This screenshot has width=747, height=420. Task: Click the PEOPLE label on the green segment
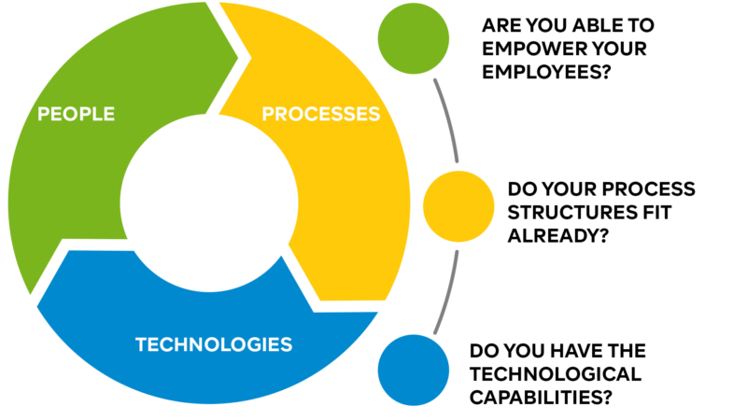[77, 114]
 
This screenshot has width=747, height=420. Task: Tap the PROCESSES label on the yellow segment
[321, 114]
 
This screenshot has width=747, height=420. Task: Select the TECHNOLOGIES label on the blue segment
[214, 344]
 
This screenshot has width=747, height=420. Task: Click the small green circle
[414, 38]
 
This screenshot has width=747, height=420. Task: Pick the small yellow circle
[458, 206]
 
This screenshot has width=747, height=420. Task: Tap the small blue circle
[414, 370]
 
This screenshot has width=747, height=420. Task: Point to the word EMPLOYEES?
[546, 72]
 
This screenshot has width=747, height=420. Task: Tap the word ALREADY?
[558, 235]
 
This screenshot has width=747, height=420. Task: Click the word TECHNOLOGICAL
[556, 374]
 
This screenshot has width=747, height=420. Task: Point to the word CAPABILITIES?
[541, 398]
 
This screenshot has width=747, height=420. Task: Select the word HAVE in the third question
[565, 351]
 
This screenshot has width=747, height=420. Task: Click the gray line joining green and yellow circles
[448, 120]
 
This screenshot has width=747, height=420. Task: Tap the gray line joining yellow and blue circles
[448, 292]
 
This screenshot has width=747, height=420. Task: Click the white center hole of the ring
[209, 203]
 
